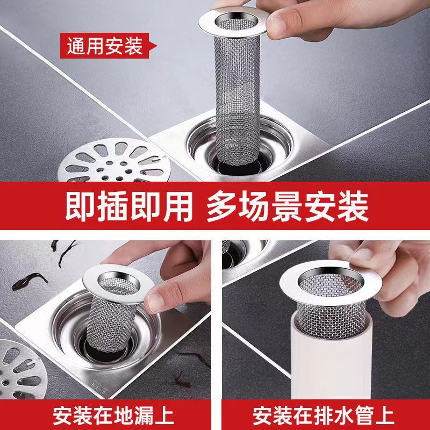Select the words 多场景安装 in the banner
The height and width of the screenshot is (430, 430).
288,205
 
